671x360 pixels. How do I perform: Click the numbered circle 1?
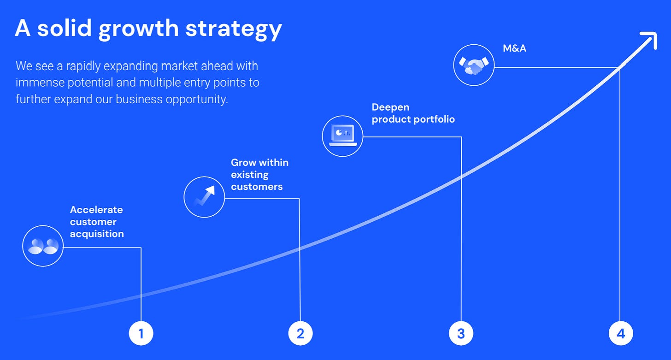141,333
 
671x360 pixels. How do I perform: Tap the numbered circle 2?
300,333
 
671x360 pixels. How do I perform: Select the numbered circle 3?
461,333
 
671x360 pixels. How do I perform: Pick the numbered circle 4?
621,333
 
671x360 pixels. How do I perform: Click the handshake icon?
474,65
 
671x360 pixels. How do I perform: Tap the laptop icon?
343,136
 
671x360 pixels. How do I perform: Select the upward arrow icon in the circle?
205,195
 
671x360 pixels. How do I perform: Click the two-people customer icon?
43,246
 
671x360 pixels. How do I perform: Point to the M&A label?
514,48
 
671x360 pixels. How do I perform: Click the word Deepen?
390,107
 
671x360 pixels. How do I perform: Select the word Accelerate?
96,210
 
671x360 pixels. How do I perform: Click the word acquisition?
97,234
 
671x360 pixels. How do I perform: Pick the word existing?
249,175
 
